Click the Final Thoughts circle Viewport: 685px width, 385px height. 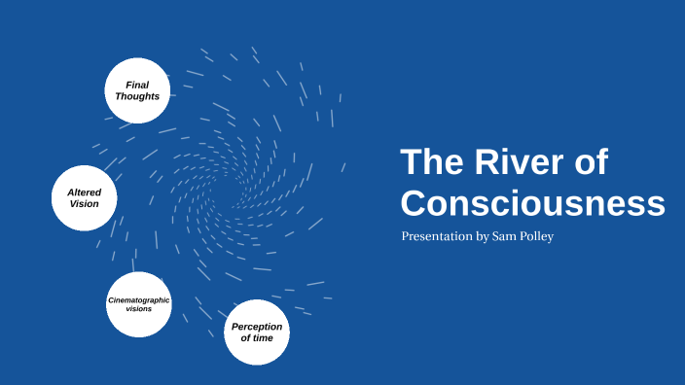coord(137,90)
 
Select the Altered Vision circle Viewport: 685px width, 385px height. coord(84,198)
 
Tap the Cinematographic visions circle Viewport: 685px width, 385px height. coord(138,304)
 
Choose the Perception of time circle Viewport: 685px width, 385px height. coord(257,332)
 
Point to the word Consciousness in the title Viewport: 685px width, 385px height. coord(532,203)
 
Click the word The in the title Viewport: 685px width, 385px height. coord(429,162)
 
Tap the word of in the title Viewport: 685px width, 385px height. coord(586,162)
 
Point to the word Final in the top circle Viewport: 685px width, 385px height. coord(137,85)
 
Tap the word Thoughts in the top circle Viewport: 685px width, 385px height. coord(137,96)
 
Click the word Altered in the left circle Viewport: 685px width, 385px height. coord(84,192)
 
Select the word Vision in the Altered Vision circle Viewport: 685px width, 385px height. coord(84,204)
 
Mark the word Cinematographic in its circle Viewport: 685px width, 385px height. coord(138,300)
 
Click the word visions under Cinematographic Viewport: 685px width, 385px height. coord(138,309)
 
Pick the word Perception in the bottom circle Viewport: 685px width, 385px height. coord(257,327)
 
